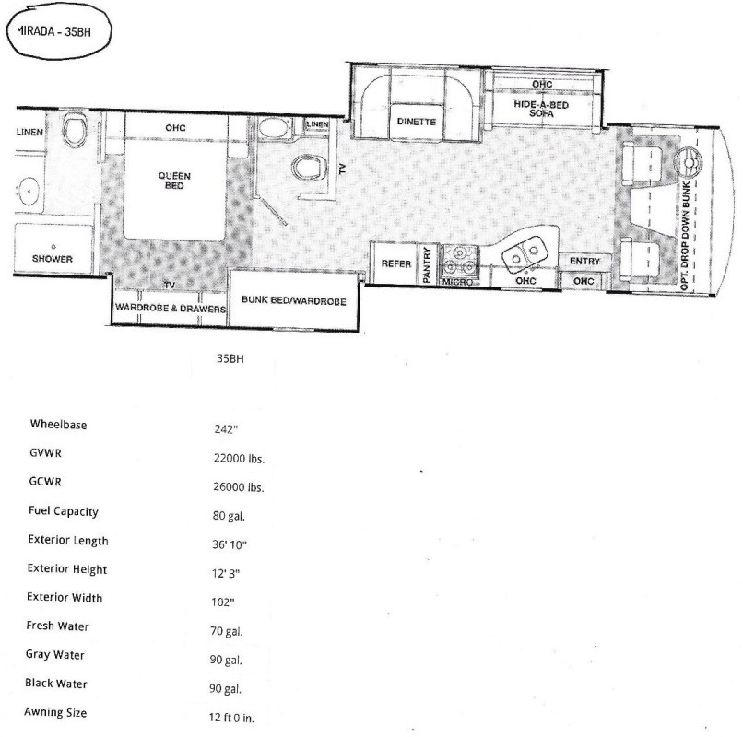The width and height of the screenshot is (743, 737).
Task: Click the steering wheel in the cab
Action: pos(688,162)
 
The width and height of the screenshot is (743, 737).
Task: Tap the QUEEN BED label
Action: pos(174,181)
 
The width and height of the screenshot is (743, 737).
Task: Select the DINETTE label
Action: pos(417,122)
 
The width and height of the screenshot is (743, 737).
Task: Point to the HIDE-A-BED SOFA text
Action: pos(541,109)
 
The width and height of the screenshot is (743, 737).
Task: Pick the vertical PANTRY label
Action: pos(427,264)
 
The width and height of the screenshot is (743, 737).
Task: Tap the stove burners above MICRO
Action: pos(459,261)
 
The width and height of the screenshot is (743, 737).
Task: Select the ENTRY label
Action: pos(584,261)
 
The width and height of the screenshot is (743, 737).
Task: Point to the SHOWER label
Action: pos(53,259)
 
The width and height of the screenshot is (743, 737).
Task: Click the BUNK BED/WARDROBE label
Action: pos(294,300)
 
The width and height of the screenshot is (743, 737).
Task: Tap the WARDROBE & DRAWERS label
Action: pos(171,308)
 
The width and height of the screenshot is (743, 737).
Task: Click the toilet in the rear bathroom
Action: pos(75,129)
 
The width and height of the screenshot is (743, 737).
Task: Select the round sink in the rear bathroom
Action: pos(29,192)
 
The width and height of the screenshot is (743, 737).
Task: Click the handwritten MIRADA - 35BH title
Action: pos(54,31)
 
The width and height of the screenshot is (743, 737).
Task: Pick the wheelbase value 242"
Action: pos(226,429)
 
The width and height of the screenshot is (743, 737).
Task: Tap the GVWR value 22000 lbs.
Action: pos(239,458)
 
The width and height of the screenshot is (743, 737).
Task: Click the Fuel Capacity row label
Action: pos(64,511)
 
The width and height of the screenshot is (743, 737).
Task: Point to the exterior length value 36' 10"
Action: pos(230,544)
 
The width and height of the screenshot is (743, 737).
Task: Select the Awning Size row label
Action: pos(55,712)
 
